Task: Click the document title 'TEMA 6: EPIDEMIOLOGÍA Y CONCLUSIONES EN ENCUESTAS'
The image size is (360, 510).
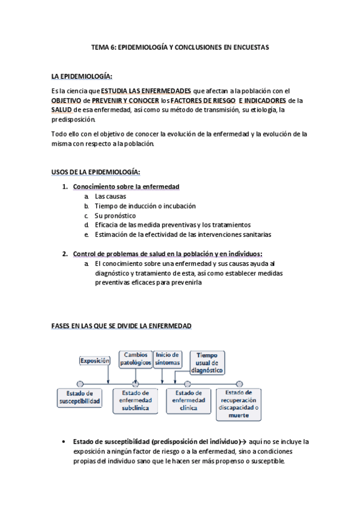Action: coord(180,46)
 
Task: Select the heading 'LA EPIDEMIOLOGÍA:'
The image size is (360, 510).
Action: coord(82,76)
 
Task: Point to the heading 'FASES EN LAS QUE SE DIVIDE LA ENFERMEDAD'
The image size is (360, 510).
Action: coord(121,325)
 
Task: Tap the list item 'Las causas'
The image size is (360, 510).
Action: coord(111,197)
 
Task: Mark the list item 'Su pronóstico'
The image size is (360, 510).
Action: coord(115,215)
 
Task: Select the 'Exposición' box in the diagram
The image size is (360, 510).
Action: coord(95,361)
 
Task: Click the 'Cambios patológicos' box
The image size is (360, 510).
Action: coord(135,359)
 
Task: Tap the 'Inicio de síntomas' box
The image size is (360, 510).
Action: coord(168,359)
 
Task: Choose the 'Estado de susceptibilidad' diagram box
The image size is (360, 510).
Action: coord(79,397)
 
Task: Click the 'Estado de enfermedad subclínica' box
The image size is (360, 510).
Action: coord(136,400)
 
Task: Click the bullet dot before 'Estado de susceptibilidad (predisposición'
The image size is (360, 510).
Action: coord(64,442)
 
